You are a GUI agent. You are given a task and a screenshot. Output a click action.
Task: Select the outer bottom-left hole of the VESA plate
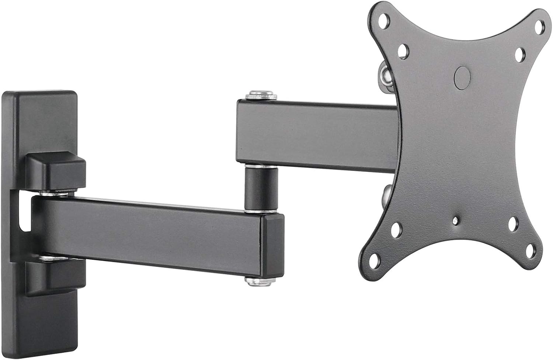(375, 257)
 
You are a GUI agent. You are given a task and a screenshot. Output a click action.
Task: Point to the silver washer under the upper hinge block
(55, 193)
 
